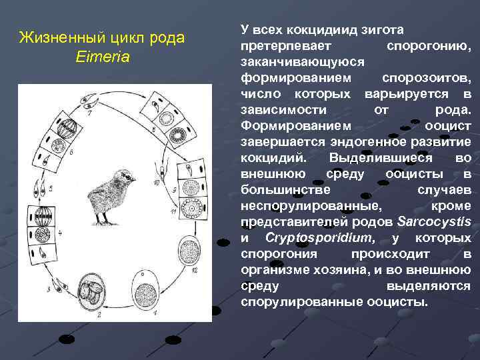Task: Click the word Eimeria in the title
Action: [x=103, y=57]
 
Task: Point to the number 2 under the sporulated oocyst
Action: [x=99, y=313]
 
